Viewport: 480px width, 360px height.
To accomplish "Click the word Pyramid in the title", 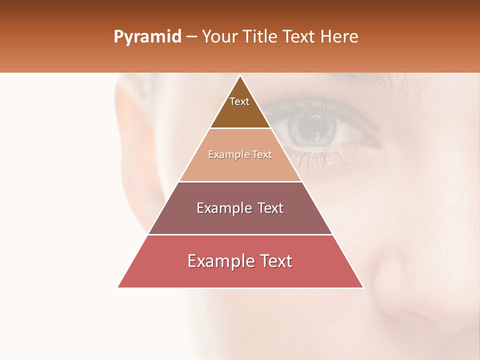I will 147,37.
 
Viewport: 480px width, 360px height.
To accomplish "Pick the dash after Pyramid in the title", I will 191,37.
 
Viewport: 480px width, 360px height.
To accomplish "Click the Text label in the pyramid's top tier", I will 239,101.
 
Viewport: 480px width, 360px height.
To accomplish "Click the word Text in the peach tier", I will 262,155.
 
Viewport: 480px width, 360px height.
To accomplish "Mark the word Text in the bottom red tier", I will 276,261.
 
